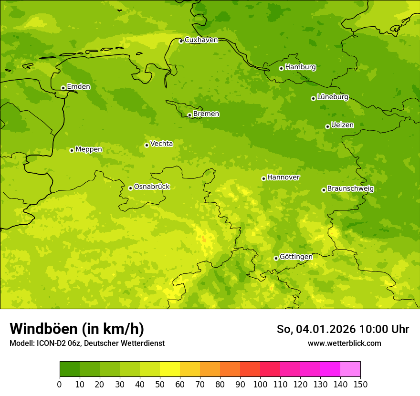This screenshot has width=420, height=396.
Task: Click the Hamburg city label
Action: tap(300, 67)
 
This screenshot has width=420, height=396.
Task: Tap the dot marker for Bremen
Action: tap(189, 115)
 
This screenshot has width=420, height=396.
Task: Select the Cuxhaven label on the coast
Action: tap(201, 40)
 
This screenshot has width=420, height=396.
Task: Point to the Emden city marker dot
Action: tap(63, 88)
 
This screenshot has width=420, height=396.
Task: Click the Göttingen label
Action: tap(296, 257)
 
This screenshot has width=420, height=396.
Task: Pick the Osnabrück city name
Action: tap(152, 187)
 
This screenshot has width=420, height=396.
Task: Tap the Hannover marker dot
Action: tap(263, 178)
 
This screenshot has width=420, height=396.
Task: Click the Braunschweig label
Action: tap(350, 189)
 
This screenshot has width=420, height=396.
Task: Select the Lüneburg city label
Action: tap(333, 97)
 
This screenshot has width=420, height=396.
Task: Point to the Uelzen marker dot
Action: tap(327, 126)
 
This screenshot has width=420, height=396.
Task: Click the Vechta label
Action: tap(161, 144)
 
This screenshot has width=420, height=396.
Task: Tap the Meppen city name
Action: tap(89, 149)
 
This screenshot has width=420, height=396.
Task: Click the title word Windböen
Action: tap(43, 329)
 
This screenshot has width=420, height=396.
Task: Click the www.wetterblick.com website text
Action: tap(344, 343)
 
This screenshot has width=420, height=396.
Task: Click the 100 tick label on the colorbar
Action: tap(260, 384)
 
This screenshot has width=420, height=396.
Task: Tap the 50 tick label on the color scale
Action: tap(160, 384)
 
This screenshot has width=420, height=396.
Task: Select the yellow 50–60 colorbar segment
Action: tap(170, 369)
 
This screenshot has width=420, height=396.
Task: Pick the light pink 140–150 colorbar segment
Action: tap(350, 369)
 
